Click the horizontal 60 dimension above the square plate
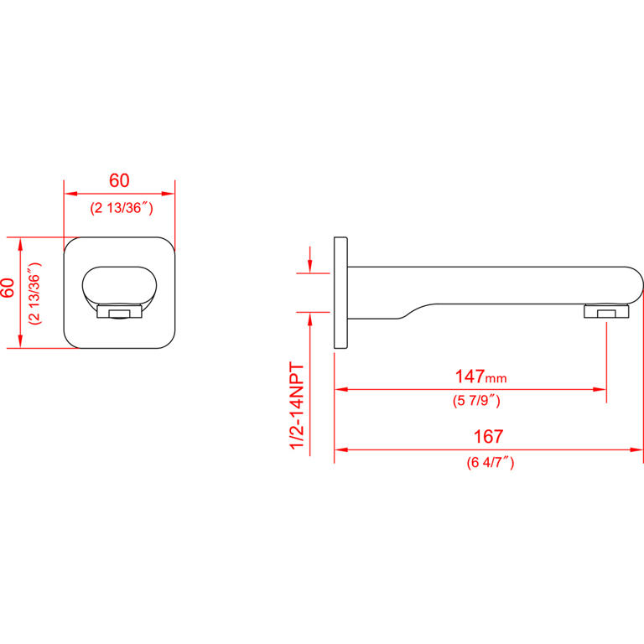[x=119, y=181]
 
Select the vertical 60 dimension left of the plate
[x=8, y=288]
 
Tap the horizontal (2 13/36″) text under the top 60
[x=122, y=208]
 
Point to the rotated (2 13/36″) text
[x=35, y=293]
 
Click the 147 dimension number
[x=470, y=377]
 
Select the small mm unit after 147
[x=496, y=378]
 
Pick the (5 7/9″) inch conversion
[x=476, y=401]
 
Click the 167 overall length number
[x=488, y=437]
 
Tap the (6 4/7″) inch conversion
[x=491, y=463]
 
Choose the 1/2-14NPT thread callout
[x=298, y=406]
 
